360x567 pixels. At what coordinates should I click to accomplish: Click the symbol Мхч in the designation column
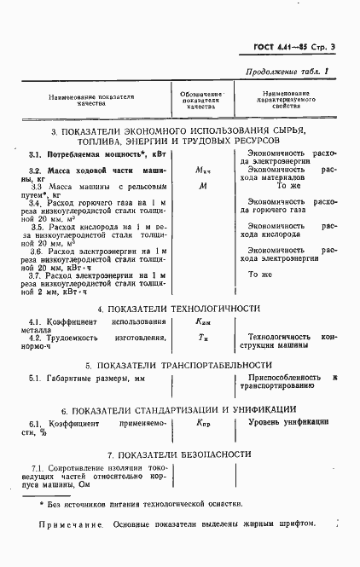click(x=202, y=171)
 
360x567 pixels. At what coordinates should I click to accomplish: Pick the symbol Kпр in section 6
click(x=202, y=422)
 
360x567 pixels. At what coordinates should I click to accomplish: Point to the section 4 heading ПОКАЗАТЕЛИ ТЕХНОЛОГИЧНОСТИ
click(x=179, y=309)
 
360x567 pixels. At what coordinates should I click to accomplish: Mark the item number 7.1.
click(x=38, y=468)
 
